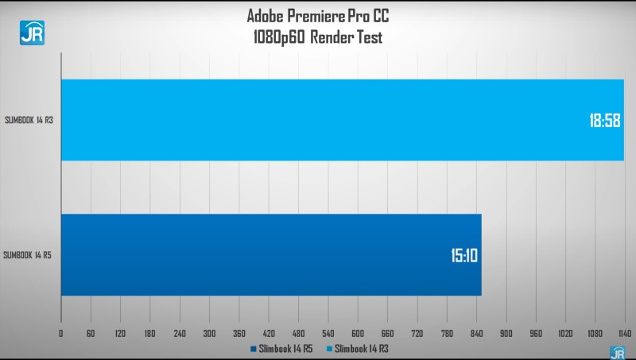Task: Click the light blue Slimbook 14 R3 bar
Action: tap(318, 120)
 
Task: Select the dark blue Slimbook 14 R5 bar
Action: tap(270, 255)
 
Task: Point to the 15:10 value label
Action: tap(461, 256)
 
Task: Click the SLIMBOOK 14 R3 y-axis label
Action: tap(28, 120)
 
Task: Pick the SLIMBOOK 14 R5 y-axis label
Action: tap(28, 255)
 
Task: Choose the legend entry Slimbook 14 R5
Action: tap(283, 348)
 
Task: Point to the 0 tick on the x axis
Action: tap(61, 333)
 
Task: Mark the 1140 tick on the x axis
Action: tap(624, 333)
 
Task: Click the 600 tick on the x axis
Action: tap(358, 333)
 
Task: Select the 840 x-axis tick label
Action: tap(476, 333)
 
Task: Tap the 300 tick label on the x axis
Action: tap(209, 333)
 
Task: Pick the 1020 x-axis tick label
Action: tap(565, 333)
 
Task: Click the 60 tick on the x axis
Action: tap(91, 333)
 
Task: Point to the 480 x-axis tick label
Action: tap(298, 333)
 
